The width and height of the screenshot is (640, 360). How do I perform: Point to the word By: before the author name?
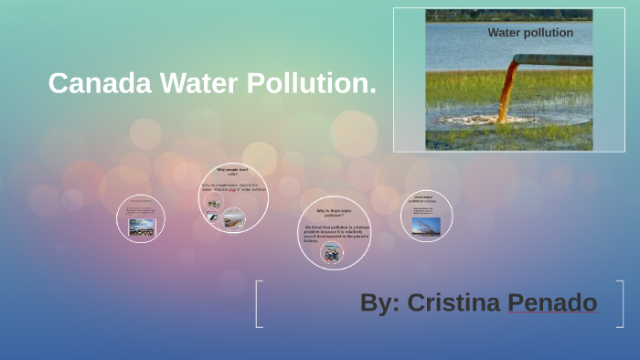point(379,302)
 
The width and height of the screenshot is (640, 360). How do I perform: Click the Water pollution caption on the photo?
point(530,33)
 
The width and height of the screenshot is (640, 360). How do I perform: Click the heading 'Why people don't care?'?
point(233,172)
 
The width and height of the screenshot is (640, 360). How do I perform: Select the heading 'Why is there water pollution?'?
point(334,213)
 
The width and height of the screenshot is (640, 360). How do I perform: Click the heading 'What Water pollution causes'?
point(425,198)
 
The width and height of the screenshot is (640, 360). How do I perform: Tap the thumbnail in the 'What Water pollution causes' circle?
point(426,225)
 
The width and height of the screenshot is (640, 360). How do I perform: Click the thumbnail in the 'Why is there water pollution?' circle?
point(332,253)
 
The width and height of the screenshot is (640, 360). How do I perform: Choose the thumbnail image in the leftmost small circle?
point(141,227)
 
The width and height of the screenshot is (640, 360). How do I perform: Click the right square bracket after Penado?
point(622,303)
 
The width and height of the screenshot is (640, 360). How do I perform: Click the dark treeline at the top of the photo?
point(508,16)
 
